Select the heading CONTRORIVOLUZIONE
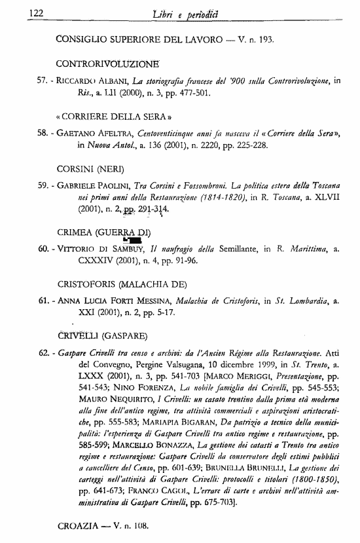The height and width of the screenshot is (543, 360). click(x=108, y=64)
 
